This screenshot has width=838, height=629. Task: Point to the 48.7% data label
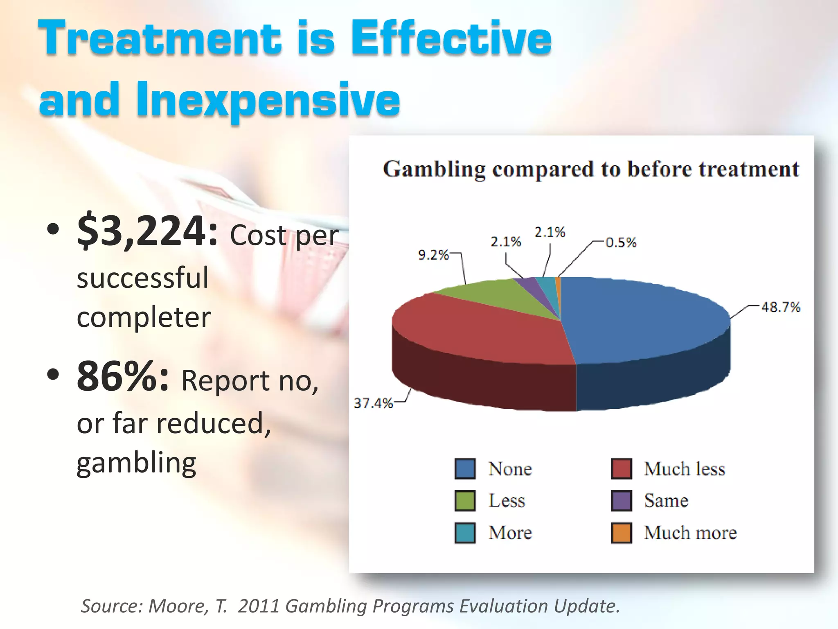(780, 307)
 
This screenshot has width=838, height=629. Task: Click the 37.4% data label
(373, 403)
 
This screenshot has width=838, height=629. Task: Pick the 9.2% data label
(433, 255)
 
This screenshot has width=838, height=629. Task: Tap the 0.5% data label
(621, 242)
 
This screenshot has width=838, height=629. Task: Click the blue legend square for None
(465, 468)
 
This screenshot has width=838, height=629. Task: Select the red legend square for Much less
(621, 468)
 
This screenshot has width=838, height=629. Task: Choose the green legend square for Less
(465, 500)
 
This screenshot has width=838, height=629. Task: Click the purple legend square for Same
(621, 500)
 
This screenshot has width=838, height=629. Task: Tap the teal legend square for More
(465, 533)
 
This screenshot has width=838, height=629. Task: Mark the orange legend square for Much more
(621, 533)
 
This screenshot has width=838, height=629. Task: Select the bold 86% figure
(122, 377)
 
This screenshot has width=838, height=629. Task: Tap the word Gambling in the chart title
(434, 169)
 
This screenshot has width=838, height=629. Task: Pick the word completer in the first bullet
(144, 317)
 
